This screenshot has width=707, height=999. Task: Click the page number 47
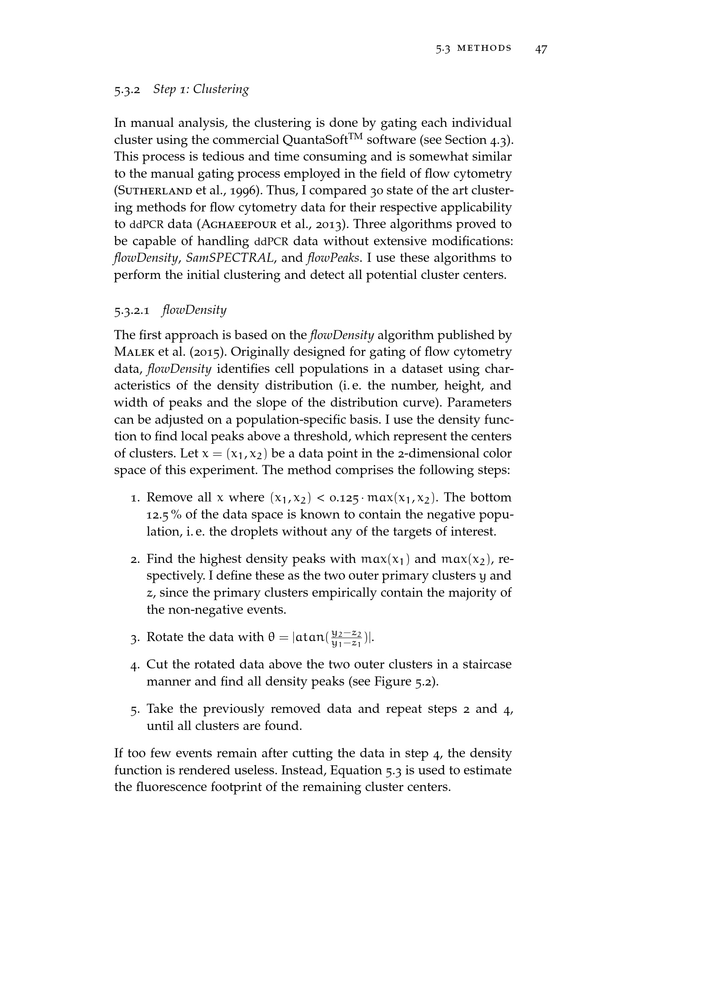coord(541,49)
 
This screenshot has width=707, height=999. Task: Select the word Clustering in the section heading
coord(221,89)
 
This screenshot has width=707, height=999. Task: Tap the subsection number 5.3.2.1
coord(132,311)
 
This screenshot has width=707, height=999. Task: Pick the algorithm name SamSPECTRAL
coord(230,258)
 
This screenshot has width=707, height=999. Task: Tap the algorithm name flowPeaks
coord(333,258)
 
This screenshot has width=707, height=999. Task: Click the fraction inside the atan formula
coord(346,638)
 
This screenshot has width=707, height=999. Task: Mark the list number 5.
coord(135,710)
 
